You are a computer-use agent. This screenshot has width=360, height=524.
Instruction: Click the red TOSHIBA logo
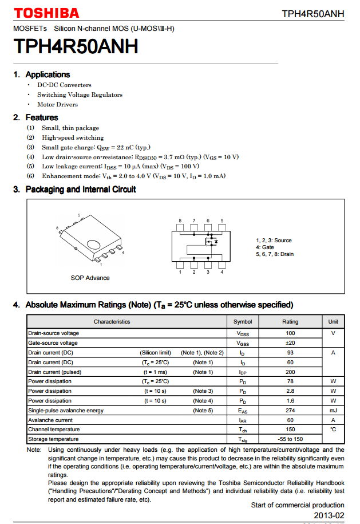46,13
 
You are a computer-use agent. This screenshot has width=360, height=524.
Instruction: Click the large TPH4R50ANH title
76,47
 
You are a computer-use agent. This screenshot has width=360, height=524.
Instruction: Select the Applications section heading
48,74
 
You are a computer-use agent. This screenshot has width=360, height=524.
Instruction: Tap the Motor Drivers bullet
57,105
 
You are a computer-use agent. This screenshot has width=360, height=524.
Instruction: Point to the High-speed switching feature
73,137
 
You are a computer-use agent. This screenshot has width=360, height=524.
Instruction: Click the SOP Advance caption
90,278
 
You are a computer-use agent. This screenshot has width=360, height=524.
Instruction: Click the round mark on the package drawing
92,245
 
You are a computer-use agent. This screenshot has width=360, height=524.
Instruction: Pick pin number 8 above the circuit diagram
180,221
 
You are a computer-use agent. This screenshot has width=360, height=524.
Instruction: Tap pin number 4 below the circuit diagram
221,272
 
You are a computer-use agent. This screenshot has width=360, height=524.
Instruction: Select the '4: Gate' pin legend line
264,247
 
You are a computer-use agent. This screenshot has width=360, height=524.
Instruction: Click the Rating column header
290,322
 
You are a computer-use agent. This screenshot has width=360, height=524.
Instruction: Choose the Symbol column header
243,322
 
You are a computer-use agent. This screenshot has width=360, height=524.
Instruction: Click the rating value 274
290,411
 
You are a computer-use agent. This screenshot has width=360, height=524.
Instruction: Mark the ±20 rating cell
290,343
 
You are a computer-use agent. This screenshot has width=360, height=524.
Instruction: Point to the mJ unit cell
333,411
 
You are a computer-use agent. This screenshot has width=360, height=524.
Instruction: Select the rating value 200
290,372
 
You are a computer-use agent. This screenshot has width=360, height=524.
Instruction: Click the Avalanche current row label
50,420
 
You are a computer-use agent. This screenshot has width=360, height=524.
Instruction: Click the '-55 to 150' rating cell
290,439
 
